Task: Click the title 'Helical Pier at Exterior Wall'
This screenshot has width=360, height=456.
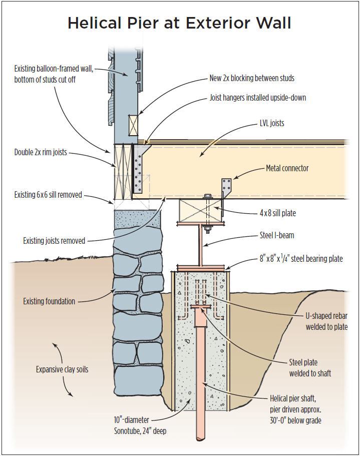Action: pos(179,23)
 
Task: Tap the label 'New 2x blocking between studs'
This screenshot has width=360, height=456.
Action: pos(251,78)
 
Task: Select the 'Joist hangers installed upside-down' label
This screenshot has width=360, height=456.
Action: pos(257,98)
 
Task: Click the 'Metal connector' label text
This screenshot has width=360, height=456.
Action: pos(287,168)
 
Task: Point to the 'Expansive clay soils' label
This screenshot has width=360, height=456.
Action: pos(62,370)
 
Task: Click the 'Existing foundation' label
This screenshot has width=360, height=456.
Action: pos(49,301)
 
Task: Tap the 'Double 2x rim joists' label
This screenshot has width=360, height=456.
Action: pos(41,152)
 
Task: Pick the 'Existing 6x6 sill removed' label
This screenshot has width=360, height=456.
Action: pos(48,195)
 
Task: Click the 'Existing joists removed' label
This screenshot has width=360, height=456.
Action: pos(54,241)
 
